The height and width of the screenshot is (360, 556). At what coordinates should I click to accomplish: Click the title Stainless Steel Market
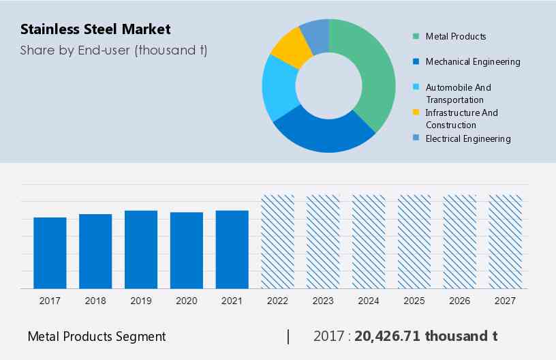click(95, 29)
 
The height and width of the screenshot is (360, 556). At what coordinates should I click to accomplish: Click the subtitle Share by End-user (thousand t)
click(114, 50)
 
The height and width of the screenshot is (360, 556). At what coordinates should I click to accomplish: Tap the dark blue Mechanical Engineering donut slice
click(320, 133)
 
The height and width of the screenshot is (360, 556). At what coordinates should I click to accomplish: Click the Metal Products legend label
click(456, 36)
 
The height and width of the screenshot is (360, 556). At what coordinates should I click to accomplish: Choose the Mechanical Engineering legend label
click(472, 61)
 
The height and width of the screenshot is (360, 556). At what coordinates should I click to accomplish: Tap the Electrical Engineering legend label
click(467, 138)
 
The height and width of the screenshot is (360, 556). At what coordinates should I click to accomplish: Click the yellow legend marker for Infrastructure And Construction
click(416, 112)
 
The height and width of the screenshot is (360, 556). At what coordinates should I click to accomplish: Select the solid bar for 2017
click(50, 253)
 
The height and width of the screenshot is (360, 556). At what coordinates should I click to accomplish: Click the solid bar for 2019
click(141, 250)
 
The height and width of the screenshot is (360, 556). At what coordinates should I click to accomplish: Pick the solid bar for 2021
click(232, 250)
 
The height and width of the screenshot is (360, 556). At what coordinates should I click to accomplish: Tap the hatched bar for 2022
click(277, 242)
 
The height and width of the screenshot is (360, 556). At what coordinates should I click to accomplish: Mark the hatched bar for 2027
click(506, 242)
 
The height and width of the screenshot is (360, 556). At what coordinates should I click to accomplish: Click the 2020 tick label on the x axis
click(187, 301)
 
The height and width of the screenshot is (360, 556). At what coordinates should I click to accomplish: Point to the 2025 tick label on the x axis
click(414, 301)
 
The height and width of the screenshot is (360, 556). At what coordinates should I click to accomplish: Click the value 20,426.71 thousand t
click(426, 336)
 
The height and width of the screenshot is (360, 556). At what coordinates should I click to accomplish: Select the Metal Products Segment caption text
click(97, 336)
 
